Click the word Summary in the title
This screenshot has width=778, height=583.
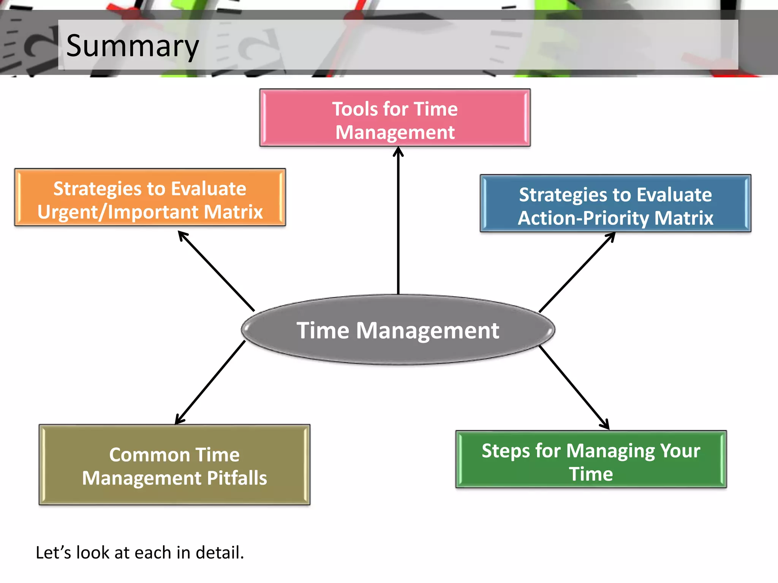[132, 46]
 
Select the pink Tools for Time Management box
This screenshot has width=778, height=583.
[395, 118]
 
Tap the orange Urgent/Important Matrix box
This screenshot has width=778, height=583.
[150, 198]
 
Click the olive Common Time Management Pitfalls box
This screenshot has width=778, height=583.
[174, 465]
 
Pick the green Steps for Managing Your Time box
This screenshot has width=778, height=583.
[591, 460]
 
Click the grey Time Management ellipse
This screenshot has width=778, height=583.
[398, 330]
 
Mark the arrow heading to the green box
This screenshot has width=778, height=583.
[574, 388]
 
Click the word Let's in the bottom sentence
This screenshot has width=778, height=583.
[53, 553]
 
